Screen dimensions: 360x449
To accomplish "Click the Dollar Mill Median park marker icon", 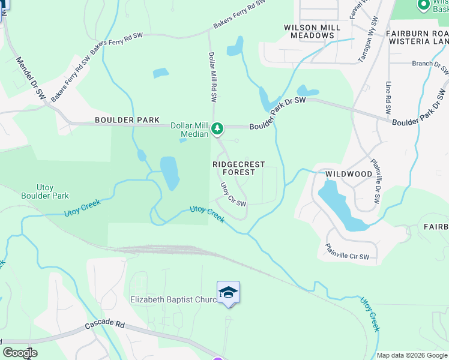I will (217, 128).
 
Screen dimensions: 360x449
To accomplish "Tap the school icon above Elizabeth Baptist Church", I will (228, 292).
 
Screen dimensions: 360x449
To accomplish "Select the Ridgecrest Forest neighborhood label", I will (234, 167).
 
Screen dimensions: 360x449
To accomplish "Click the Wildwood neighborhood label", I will (349, 174).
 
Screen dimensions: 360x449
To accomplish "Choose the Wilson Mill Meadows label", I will (312, 31).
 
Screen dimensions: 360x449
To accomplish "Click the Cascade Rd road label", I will (104, 325).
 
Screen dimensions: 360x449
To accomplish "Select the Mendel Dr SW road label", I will (31, 78).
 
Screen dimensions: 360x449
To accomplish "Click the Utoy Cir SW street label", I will (234, 194).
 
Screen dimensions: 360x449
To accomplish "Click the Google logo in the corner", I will (20, 353).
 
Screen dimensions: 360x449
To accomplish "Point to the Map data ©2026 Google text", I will (412, 355).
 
